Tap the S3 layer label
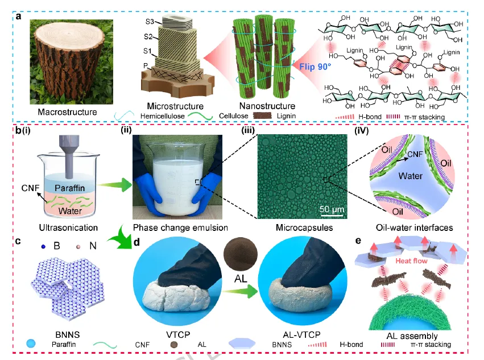click(150, 22)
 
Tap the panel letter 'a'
click(19, 15)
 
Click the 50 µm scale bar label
click(331, 208)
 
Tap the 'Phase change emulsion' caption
click(180, 227)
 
